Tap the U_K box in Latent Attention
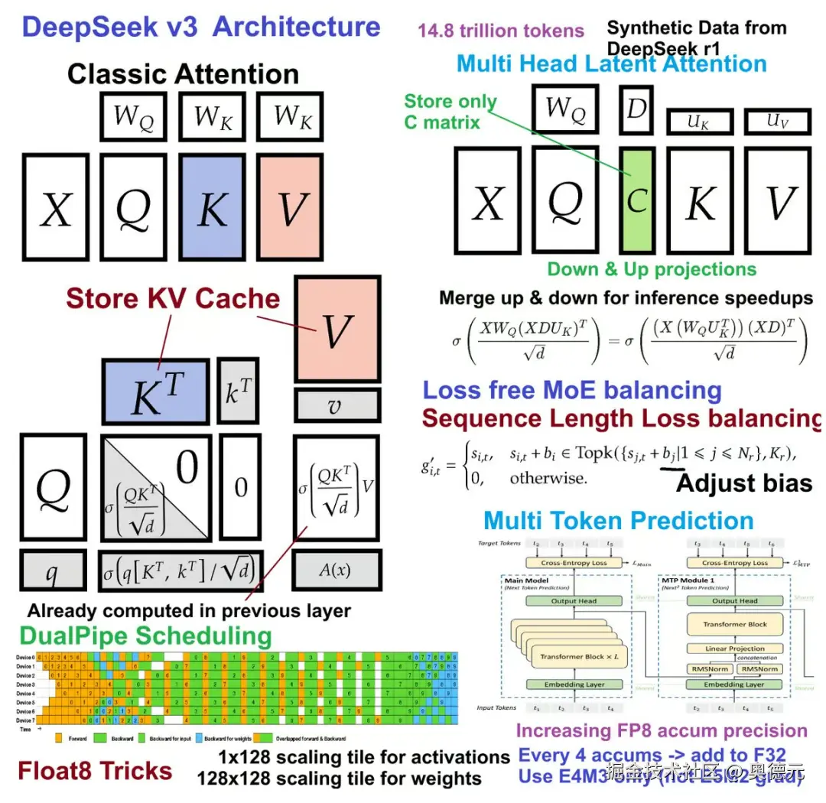coord(699,122)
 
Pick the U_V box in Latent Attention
coord(776,122)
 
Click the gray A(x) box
coord(336,570)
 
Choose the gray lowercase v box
coord(336,405)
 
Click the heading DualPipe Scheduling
coord(145,636)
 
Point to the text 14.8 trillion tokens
coord(500,31)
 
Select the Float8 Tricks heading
coord(95,771)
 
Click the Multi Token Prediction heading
coord(618,521)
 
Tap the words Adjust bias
coord(743,483)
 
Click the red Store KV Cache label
coord(173,298)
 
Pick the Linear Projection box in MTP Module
coord(734,649)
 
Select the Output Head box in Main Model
coord(574,601)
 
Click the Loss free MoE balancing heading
coord(572,390)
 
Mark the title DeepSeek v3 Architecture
coord(201,28)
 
